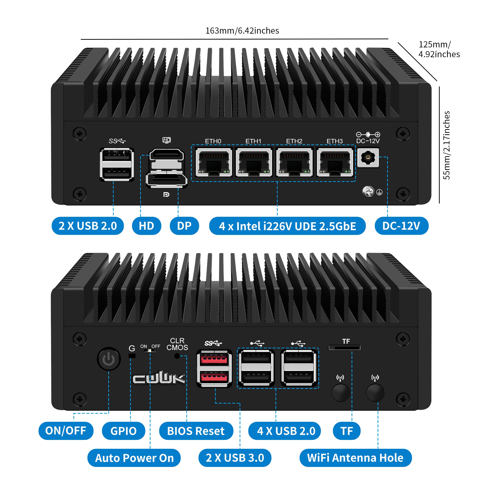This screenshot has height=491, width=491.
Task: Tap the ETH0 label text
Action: [213, 141]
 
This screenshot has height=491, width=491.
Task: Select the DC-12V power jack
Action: [368, 158]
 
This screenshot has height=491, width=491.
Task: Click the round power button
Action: [109, 359]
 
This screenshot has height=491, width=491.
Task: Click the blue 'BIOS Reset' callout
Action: [196, 431]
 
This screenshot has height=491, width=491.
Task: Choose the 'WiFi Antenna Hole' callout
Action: [355, 458]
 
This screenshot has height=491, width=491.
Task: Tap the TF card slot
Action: [345, 347]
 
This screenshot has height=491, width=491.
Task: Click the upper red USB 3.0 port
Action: [214, 359]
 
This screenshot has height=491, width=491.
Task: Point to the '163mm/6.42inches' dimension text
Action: [242, 31]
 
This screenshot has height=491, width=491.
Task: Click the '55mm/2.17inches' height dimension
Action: [446, 145]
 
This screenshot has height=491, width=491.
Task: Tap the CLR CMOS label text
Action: [177, 344]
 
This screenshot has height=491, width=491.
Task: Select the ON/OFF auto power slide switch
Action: [150, 351]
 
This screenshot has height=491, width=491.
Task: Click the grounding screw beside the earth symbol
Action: [368, 191]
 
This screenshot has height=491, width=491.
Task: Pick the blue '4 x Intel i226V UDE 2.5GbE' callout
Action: [287, 226]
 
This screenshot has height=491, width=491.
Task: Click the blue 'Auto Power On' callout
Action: [134, 458]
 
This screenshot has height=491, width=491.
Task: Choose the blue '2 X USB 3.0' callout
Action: [235, 458]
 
